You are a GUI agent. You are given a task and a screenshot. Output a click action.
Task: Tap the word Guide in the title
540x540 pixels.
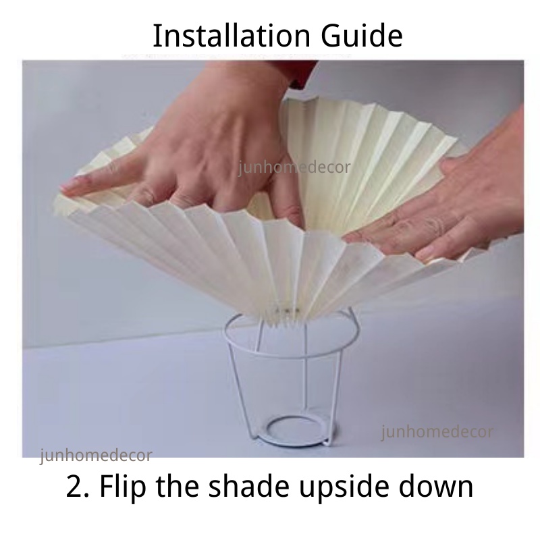[362, 36]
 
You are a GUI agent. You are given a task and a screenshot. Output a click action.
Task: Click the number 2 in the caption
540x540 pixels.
[75, 486]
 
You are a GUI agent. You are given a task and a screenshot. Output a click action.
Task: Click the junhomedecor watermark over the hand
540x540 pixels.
[294, 167]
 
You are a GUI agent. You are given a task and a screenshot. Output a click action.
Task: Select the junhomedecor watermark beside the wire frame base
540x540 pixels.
[437, 432]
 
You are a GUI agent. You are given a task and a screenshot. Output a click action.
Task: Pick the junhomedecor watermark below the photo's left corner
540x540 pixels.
[96, 455]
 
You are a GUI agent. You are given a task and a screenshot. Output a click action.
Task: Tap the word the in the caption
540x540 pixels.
[178, 485]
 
